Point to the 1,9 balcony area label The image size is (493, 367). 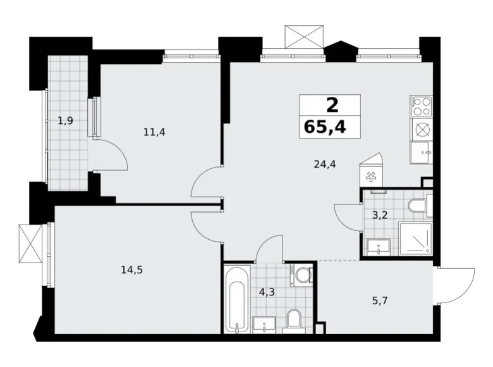point(66,121)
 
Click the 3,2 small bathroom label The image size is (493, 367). point(379,215)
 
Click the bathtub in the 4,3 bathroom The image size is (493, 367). point(237,299)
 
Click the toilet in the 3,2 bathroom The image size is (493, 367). point(418,206)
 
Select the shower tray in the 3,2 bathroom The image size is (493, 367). point(415,239)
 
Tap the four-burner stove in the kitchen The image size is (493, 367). point(420,106)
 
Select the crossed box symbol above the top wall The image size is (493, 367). point(303,37)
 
